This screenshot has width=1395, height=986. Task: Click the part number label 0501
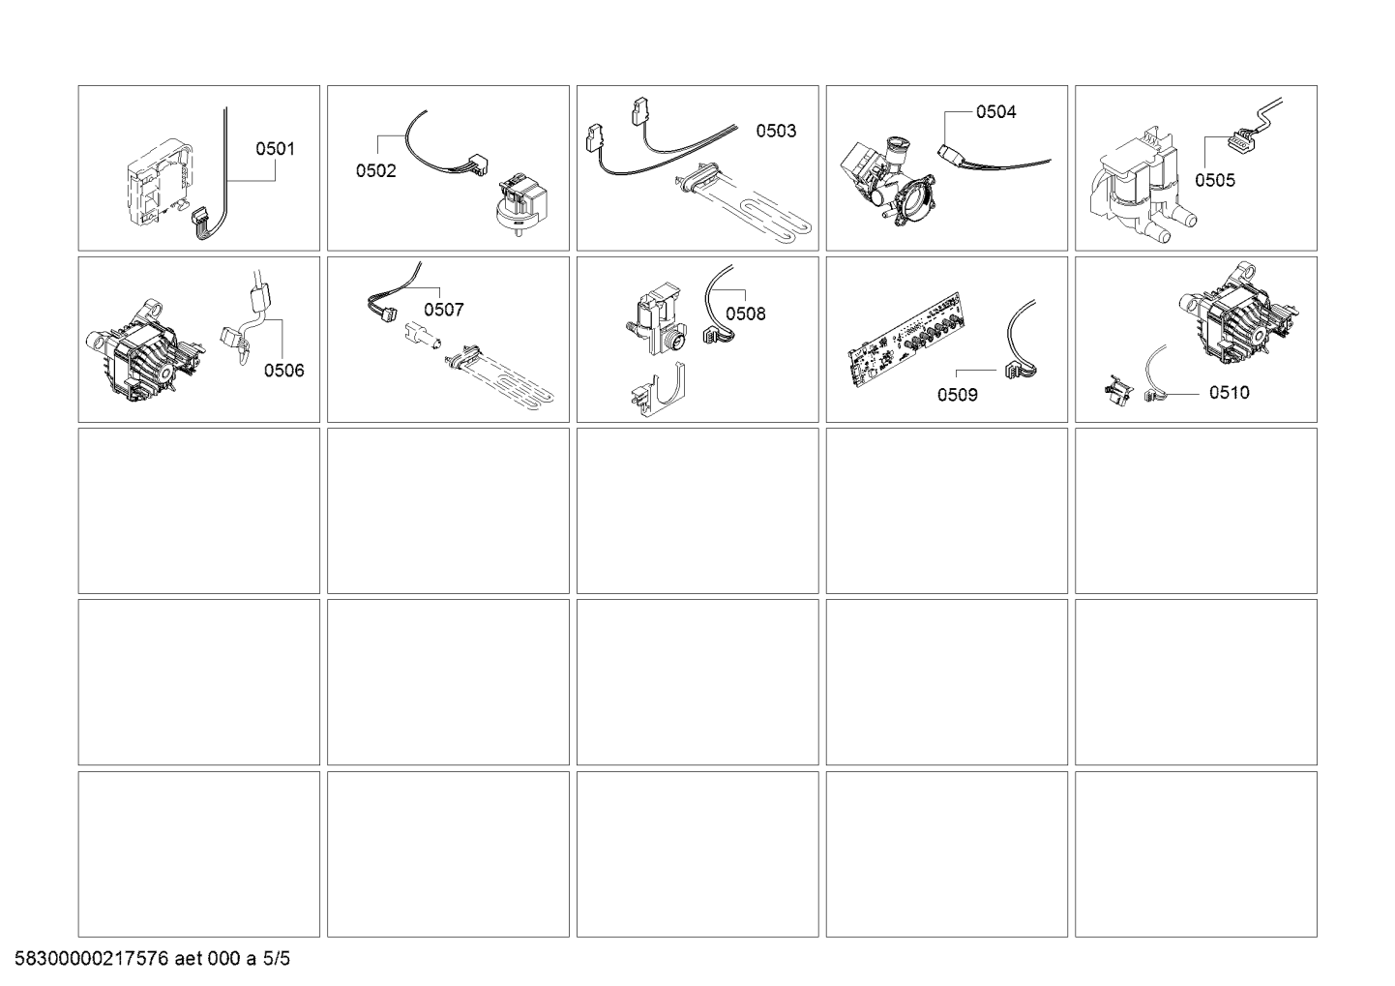coord(276,149)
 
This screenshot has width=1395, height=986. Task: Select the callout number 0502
coord(375,170)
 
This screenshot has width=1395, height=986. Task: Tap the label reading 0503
coord(776,131)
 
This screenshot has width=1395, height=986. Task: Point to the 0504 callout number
coord(995,112)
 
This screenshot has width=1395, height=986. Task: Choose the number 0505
coord(1214,181)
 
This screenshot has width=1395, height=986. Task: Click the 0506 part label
coord(284,371)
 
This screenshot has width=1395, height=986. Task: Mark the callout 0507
coord(443,310)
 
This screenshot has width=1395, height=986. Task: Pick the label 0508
coord(746,314)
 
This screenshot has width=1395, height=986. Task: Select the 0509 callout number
coord(957,395)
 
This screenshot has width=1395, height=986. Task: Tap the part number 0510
coord(1229,393)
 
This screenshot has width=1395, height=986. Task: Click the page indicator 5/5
coord(276,959)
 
